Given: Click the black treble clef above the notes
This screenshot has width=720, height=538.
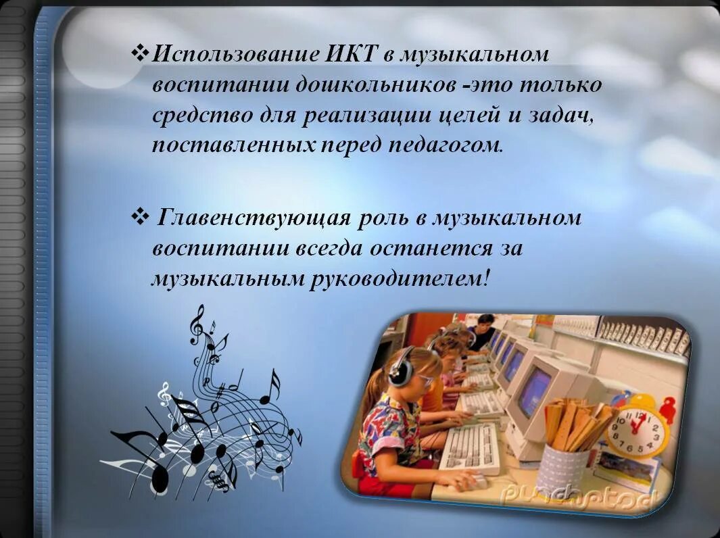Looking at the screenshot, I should click(197, 324).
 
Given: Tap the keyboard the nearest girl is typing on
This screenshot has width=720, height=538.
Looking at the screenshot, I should click(469, 448).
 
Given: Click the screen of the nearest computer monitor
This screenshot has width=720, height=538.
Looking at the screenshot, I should click(534, 391).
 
